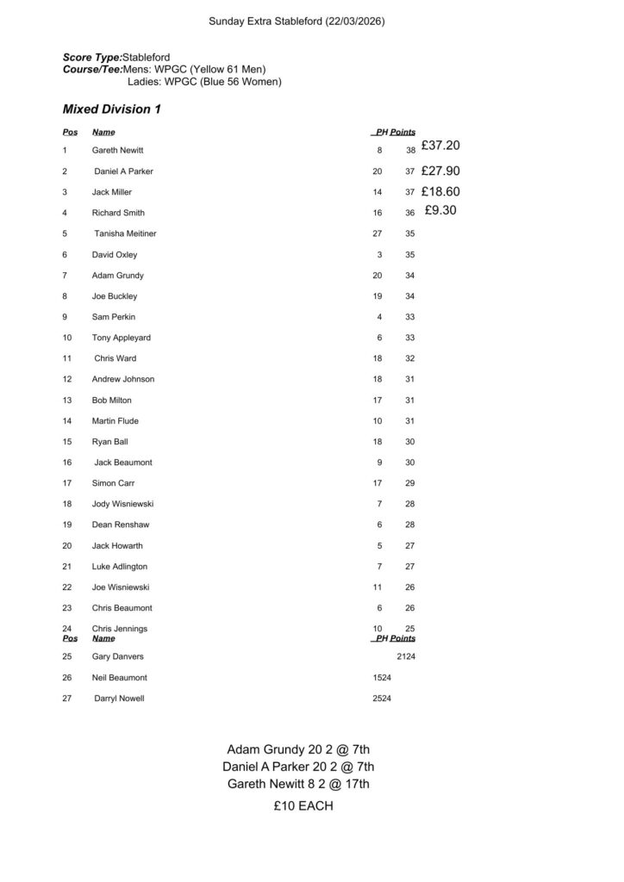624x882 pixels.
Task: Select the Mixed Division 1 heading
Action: (x=111, y=109)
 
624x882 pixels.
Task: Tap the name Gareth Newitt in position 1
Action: (x=119, y=151)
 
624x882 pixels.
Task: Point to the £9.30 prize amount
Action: (x=440, y=209)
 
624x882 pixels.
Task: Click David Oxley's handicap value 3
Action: (x=379, y=255)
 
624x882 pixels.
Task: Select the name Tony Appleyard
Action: (x=121, y=338)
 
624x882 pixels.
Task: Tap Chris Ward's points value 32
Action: (x=410, y=358)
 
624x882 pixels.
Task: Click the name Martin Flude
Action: (x=115, y=421)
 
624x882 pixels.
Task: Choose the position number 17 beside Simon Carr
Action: (x=67, y=483)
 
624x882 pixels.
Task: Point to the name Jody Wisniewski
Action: (x=123, y=504)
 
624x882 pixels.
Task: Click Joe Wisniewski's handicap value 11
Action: (x=377, y=587)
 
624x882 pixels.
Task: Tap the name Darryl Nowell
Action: (x=119, y=699)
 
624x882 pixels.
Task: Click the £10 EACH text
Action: (x=303, y=806)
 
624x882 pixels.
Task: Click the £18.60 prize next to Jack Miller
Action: (x=440, y=192)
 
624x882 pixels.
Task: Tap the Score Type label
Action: (x=92, y=57)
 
